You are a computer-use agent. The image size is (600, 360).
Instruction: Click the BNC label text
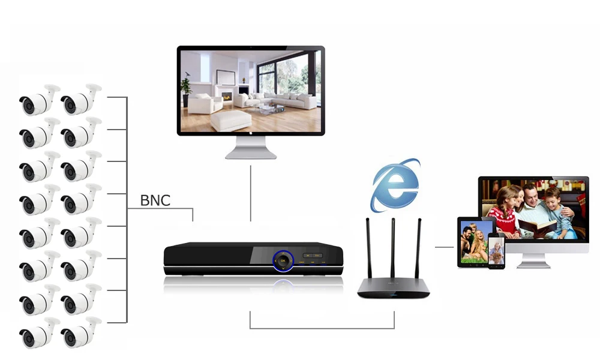[x=155, y=200]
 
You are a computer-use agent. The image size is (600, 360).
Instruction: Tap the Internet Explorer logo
[x=394, y=185]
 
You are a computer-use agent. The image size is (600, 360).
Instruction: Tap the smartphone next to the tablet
[x=496, y=251]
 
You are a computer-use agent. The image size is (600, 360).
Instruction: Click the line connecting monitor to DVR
[x=251, y=192]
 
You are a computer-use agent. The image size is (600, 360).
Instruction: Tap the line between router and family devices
[x=444, y=247]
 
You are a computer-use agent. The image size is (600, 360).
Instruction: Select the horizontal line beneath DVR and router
[x=322, y=328]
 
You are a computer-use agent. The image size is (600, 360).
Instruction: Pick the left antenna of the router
[x=368, y=249]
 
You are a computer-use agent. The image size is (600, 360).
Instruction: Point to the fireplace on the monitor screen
[x=227, y=96]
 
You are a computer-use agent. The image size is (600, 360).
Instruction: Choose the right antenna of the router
[x=418, y=249]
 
